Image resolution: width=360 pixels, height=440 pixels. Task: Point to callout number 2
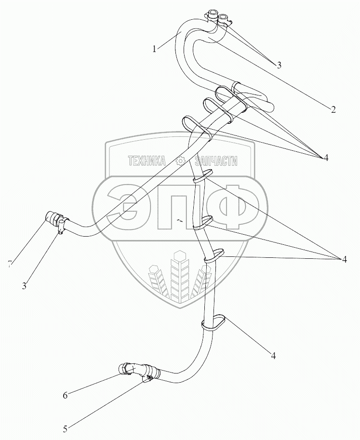(x=333, y=109)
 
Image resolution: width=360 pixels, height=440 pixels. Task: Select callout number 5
(x=65, y=427)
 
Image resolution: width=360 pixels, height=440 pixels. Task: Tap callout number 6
(x=65, y=396)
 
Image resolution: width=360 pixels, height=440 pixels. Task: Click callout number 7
(x=9, y=263)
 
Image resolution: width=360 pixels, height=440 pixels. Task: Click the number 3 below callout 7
(x=24, y=286)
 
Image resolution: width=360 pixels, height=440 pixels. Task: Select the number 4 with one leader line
(x=273, y=356)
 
